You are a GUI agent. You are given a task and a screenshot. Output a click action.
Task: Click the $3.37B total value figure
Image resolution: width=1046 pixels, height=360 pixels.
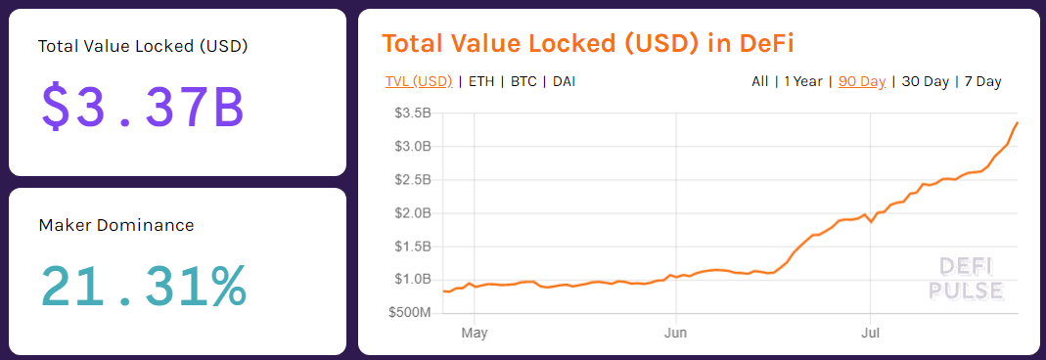pyautogui.click(x=143, y=107)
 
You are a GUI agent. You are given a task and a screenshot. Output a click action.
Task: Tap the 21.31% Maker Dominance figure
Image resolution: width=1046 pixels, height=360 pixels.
pyautogui.click(x=143, y=285)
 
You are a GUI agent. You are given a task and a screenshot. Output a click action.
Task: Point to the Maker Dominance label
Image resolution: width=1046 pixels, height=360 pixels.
pyautogui.click(x=116, y=225)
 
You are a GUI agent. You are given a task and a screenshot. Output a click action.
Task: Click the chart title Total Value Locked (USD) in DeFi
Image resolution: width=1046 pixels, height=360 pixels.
pyautogui.click(x=587, y=44)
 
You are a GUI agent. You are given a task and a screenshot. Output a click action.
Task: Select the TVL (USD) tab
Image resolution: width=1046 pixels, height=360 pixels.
pyautogui.click(x=419, y=81)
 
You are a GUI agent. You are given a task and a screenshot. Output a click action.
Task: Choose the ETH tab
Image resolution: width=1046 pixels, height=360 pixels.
pyautogui.click(x=481, y=81)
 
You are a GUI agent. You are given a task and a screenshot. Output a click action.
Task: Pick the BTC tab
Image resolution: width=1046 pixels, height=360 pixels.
pyautogui.click(x=523, y=81)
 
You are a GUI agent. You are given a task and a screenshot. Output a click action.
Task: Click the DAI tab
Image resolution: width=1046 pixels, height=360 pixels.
pyautogui.click(x=564, y=81)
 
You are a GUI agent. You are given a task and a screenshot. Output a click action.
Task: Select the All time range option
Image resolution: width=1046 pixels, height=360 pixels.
pyautogui.click(x=759, y=81)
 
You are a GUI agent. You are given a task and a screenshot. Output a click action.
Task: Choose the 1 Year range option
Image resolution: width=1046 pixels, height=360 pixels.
pyautogui.click(x=802, y=81)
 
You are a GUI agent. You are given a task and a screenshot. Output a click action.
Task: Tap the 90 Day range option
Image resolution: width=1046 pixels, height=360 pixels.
pyautogui.click(x=862, y=81)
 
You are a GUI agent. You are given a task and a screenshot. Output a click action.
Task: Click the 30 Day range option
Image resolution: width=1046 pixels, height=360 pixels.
pyautogui.click(x=925, y=81)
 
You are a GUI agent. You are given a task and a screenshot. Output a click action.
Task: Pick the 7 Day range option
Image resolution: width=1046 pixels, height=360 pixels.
pyautogui.click(x=982, y=81)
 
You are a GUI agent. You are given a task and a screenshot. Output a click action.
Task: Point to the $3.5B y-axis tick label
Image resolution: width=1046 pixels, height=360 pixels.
pyautogui.click(x=412, y=113)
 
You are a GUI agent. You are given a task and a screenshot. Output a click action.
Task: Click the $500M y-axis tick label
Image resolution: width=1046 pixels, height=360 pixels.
pyautogui.click(x=410, y=313)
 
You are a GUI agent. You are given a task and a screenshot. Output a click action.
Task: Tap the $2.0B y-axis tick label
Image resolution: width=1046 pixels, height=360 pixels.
pyautogui.click(x=412, y=213)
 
